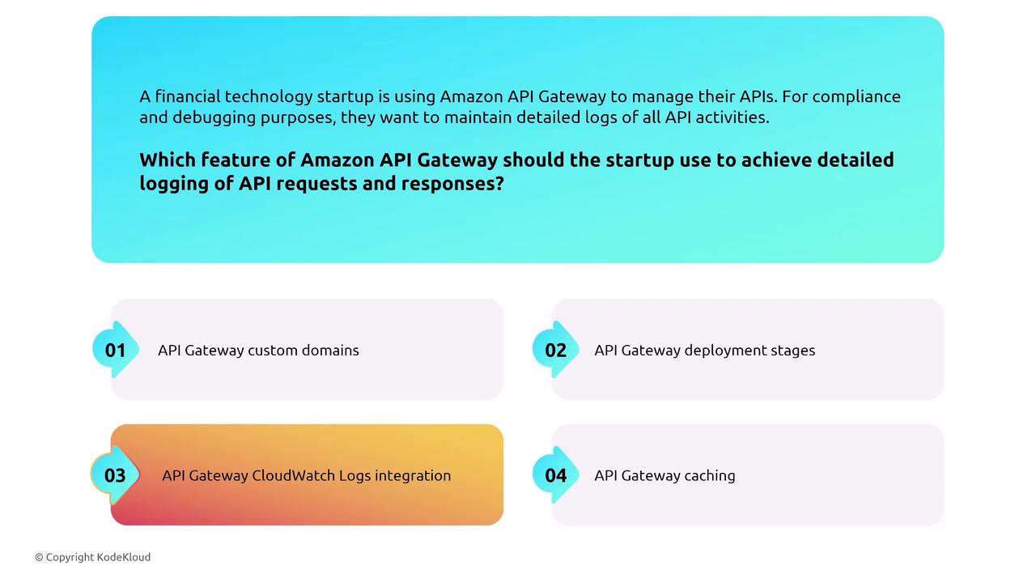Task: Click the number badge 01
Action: [x=115, y=350]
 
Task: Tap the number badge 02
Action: [x=555, y=350]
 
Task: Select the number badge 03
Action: [x=115, y=475]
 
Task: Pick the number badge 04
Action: [x=555, y=475]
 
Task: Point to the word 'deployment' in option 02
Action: [x=722, y=351]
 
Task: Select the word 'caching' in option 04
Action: [x=710, y=475]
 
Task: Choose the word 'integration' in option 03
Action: [x=413, y=475]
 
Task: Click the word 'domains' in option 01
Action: [x=330, y=350]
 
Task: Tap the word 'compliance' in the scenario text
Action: [x=856, y=96]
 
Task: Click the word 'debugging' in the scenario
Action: [x=214, y=117]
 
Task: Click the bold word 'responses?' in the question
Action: [x=452, y=183]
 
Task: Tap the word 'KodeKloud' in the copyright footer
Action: [x=124, y=557]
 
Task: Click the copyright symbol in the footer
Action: [x=39, y=557]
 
